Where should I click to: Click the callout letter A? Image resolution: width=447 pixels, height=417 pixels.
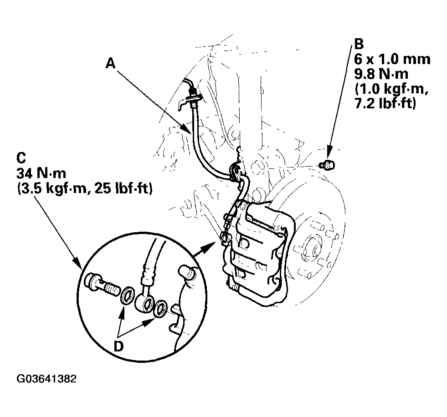[111, 63]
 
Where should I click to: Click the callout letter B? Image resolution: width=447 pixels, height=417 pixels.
[359, 44]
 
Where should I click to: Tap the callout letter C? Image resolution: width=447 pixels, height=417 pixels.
[22, 158]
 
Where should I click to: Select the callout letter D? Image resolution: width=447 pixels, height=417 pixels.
[118, 346]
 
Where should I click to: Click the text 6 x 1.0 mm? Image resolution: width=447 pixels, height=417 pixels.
[392, 59]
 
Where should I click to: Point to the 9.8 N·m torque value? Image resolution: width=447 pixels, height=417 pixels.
[381, 74]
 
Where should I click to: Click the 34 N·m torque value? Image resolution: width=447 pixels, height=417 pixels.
[41, 173]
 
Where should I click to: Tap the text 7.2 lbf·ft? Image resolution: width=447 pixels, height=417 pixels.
[385, 103]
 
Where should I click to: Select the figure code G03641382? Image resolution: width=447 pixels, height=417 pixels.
[46, 379]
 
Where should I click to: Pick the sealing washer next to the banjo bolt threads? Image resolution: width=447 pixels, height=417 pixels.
[128, 295]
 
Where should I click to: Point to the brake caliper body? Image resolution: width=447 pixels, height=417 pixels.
[257, 251]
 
